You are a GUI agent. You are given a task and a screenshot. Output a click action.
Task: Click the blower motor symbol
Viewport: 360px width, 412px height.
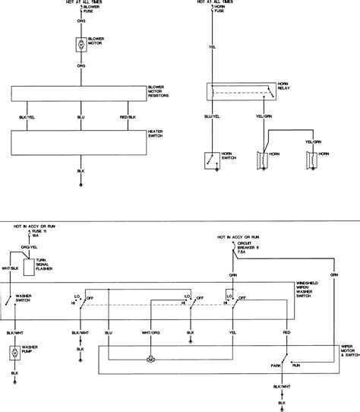click(x=81, y=45)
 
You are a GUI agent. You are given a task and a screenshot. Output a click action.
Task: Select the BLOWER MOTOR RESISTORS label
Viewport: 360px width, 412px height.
click(x=161, y=92)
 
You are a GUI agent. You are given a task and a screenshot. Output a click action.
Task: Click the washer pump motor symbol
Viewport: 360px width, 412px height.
click(x=14, y=353)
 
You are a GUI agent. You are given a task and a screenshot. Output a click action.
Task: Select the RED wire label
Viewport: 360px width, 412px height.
click(x=286, y=332)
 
